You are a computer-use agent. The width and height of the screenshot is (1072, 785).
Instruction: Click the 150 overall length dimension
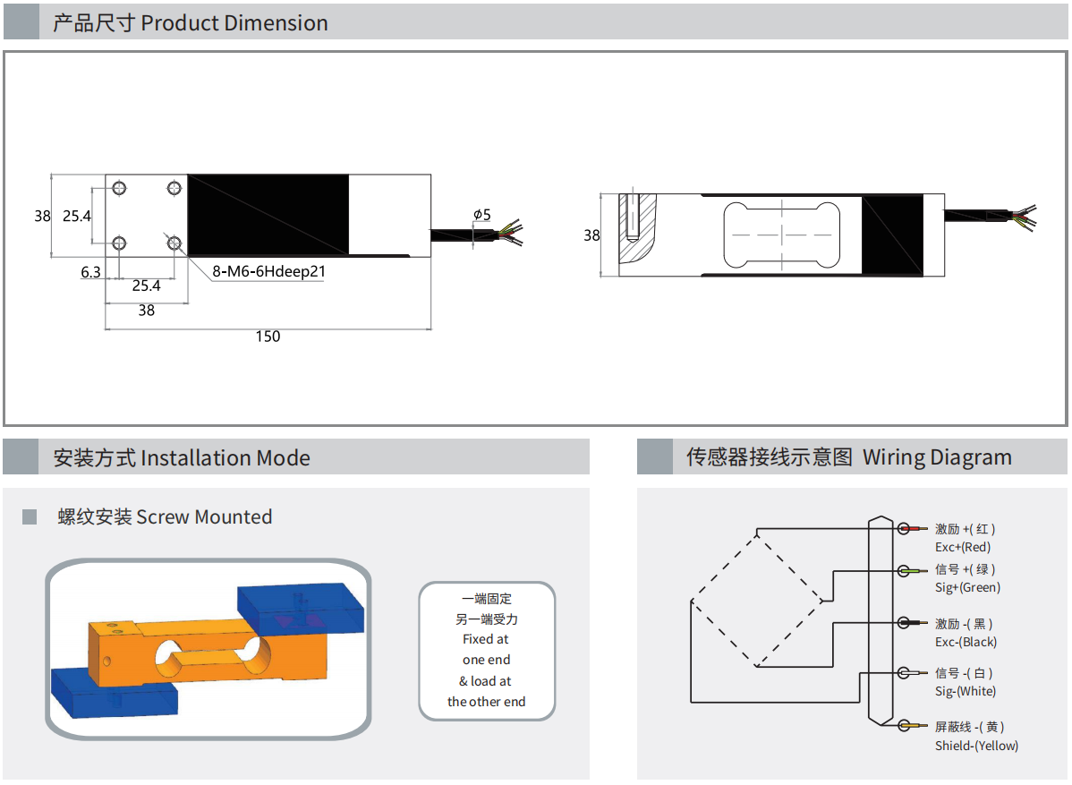pyautogui.click(x=268, y=337)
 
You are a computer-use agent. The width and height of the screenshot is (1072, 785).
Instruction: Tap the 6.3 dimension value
pyautogui.click(x=90, y=272)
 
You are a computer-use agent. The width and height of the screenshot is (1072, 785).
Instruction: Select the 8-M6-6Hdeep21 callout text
pyautogui.click(x=268, y=272)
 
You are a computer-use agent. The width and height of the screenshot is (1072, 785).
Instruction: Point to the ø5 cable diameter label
pyautogui.click(x=482, y=215)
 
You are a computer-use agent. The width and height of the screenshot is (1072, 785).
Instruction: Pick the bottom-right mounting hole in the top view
pyautogui.click(x=174, y=243)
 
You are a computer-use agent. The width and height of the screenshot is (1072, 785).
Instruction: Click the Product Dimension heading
pyautogui.click(x=191, y=23)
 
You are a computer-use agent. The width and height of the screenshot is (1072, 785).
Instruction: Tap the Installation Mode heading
pyautogui.click(x=182, y=458)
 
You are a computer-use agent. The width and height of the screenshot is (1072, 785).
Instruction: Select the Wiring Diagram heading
pyautogui.click(x=848, y=457)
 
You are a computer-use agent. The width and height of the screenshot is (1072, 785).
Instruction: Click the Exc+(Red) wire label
pyautogui.click(x=963, y=547)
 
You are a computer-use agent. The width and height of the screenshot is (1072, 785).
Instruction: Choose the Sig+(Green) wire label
pyautogui.click(x=967, y=587)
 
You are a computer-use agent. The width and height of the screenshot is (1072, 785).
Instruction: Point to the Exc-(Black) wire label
pyautogui.click(x=966, y=642)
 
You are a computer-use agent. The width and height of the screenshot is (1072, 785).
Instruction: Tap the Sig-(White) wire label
pyautogui.click(x=966, y=691)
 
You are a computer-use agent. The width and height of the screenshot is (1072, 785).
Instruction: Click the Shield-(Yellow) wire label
pyautogui.click(x=976, y=746)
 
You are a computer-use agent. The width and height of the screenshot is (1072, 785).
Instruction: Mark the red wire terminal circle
pyautogui.click(x=905, y=529)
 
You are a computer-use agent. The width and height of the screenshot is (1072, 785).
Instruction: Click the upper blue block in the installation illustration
pyautogui.click(x=301, y=609)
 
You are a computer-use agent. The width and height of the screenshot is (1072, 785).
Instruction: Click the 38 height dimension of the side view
pyautogui.click(x=591, y=235)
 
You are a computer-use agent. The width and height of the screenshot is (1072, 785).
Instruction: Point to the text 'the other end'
pyautogui.click(x=487, y=702)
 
